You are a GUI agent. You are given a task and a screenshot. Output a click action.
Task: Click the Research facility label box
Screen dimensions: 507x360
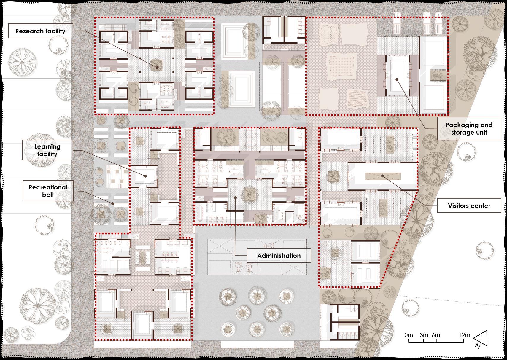tap(40, 31)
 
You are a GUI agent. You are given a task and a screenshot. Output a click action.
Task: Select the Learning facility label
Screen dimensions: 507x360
tap(47, 150)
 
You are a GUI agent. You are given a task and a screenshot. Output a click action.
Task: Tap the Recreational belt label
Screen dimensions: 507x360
tap(48, 190)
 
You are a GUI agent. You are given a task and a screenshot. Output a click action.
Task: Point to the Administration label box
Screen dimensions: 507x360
tap(279, 255)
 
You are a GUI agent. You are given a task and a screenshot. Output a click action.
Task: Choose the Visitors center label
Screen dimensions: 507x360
tap(469, 206)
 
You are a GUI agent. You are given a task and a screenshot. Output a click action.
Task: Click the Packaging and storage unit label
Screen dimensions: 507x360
tap(469, 128)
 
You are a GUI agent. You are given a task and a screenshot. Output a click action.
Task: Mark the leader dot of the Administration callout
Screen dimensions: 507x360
tap(235, 197)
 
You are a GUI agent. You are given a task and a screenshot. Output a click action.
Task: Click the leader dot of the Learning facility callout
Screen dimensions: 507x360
tap(146, 176)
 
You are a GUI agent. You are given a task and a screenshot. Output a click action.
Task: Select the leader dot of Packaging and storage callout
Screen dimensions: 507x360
tap(397, 79)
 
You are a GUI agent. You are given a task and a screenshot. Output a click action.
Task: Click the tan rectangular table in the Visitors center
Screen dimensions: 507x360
tap(383, 176)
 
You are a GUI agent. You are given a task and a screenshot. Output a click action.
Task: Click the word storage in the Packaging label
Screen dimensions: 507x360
tap(461, 132)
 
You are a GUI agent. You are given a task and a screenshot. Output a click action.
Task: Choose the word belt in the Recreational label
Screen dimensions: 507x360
tap(48, 195)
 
